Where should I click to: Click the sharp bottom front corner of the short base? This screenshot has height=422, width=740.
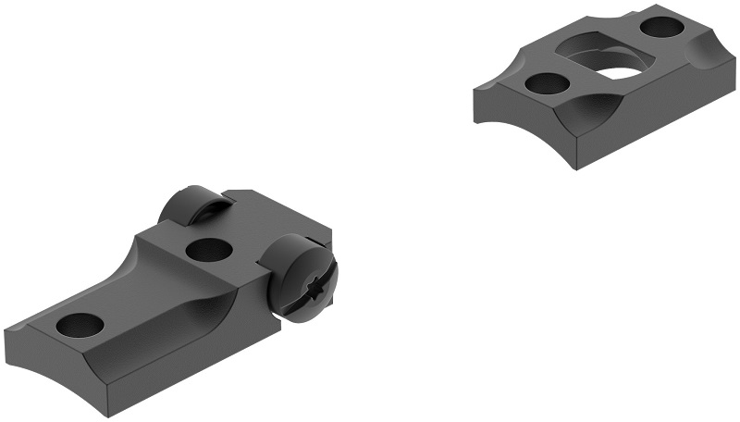coord(575,168)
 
